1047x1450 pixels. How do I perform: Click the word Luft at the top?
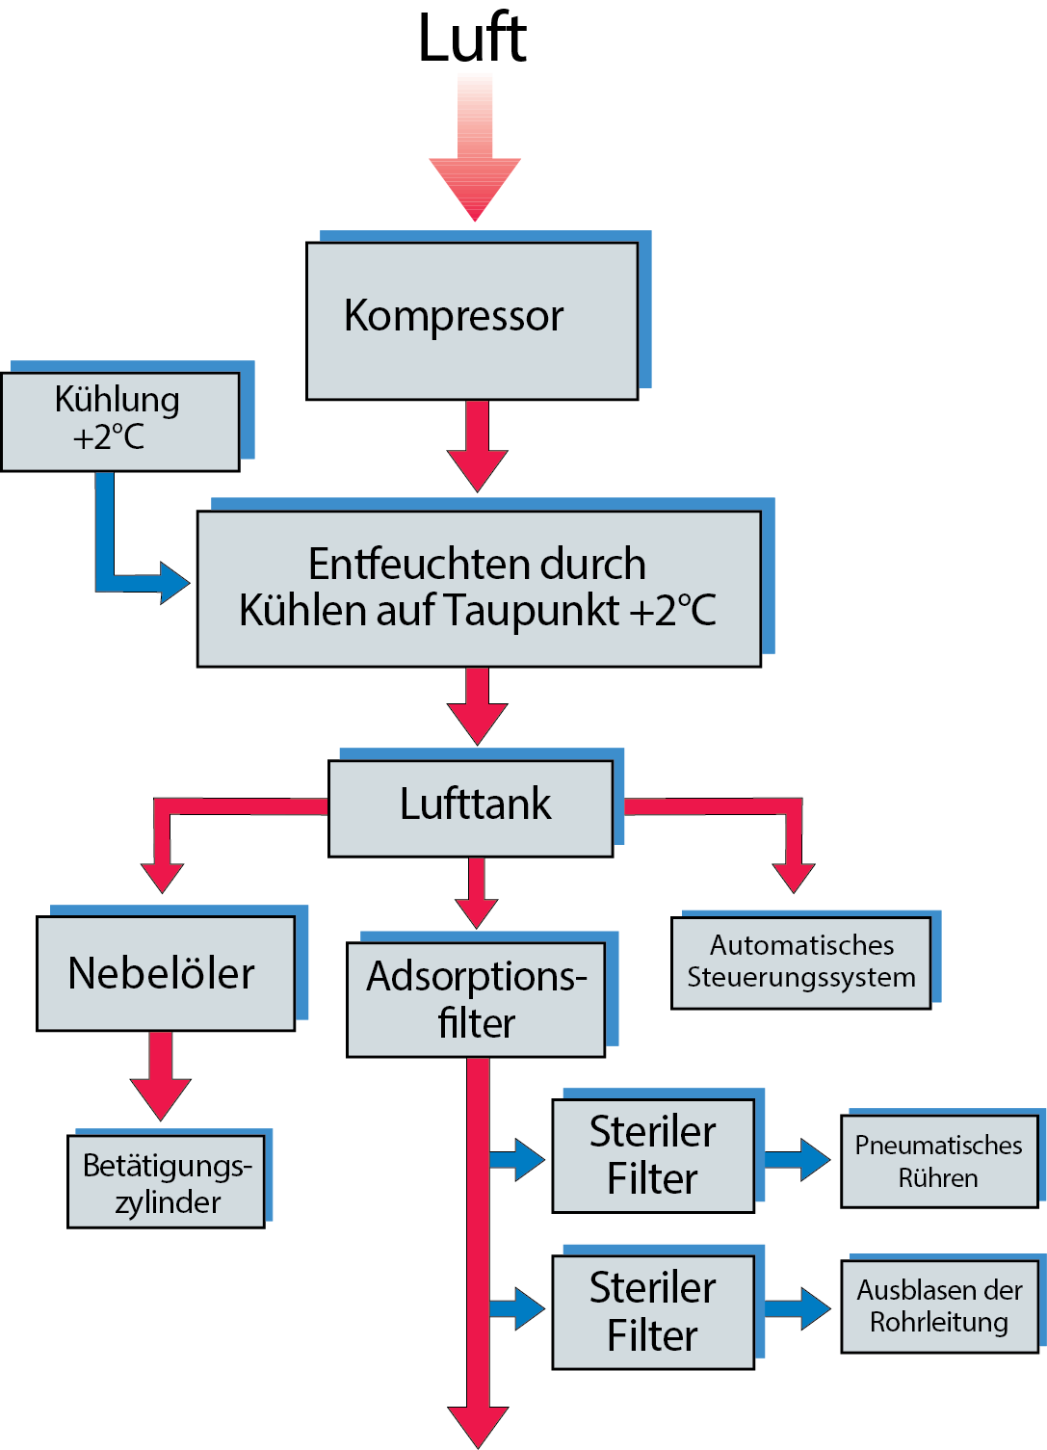[472, 39]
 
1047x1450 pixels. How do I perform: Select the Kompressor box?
[472, 320]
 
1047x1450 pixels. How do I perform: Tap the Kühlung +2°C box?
[119, 421]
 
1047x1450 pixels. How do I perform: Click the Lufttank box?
[471, 807]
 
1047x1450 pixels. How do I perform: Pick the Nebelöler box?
[166, 973]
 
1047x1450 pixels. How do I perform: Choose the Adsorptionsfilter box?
[476, 999]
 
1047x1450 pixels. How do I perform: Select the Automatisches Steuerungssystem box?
[800, 962]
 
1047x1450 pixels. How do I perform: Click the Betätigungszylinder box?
[166, 1181]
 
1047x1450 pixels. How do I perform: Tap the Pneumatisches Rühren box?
[938, 1161]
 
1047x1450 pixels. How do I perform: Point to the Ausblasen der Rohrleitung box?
[938, 1305]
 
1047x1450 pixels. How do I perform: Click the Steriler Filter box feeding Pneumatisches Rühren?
[652, 1155]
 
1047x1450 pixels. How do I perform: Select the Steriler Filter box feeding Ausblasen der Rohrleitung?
[652, 1311]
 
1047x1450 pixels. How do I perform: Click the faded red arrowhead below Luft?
[475, 187]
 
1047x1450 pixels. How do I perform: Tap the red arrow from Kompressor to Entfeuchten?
[478, 448]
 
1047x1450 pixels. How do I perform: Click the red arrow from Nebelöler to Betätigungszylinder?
[161, 1077]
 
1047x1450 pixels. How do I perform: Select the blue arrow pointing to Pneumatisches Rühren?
[798, 1159]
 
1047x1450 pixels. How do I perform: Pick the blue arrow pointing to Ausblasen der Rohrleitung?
[798, 1308]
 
